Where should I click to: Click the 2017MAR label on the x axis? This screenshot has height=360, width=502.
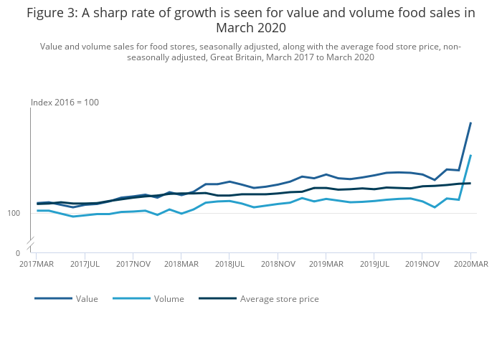[x=36, y=264]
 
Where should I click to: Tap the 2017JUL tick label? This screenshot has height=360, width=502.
[x=85, y=264]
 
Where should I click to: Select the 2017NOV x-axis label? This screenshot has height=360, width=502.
[x=133, y=264]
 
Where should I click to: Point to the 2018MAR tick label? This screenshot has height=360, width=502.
[x=181, y=264]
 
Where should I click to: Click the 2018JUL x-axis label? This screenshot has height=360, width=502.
[x=229, y=264]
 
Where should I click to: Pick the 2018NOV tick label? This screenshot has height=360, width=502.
[x=278, y=264]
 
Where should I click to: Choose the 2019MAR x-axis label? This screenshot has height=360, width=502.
[x=326, y=264]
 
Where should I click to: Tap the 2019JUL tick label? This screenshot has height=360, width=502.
[x=374, y=264]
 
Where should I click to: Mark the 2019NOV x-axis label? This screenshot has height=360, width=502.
[x=422, y=264]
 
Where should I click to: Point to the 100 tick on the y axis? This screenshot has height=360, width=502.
[x=14, y=214]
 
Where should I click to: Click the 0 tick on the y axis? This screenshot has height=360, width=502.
[x=18, y=253]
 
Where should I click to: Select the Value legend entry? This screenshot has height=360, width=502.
[x=87, y=299]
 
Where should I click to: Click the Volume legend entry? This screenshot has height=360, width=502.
[x=169, y=299]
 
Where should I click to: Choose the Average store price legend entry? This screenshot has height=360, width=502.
[x=279, y=299]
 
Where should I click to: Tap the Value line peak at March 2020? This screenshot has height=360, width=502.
[x=470, y=123]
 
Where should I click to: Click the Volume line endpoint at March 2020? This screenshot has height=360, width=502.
[x=470, y=155]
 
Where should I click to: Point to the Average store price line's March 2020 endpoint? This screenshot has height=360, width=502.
[x=470, y=183]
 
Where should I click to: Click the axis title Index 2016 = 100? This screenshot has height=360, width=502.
[x=65, y=103]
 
